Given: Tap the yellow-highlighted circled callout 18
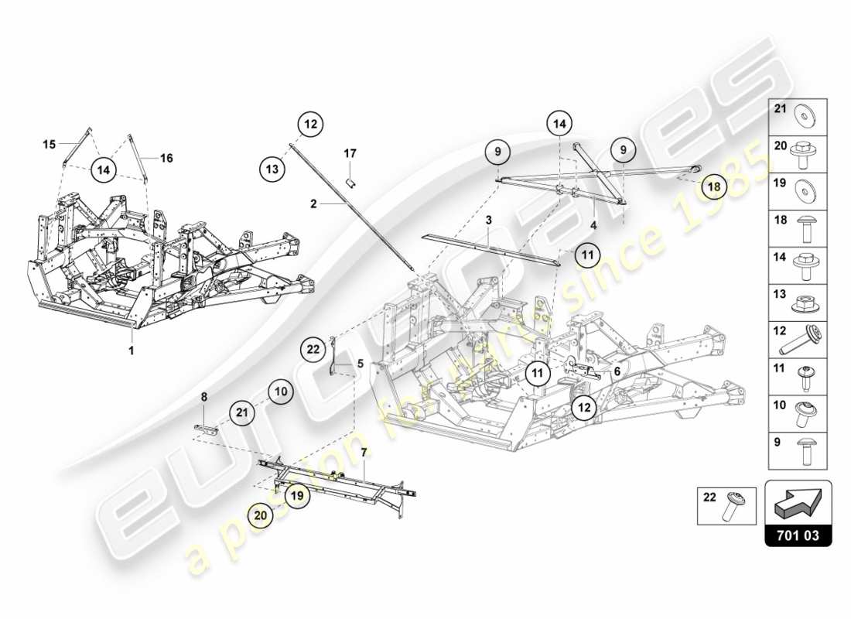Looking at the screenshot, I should [x=715, y=186].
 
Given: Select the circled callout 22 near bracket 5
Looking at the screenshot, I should [x=313, y=350].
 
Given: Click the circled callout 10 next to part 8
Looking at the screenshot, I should [x=281, y=392].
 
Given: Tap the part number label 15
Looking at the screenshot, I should [x=50, y=144].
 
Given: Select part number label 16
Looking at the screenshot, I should [x=166, y=158].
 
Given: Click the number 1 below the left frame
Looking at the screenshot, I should [x=132, y=351].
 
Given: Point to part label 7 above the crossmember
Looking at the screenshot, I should [x=363, y=450].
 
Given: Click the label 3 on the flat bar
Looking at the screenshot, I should [x=489, y=221].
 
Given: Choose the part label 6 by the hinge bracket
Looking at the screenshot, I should [x=617, y=371].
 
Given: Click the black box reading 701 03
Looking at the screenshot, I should [x=798, y=535].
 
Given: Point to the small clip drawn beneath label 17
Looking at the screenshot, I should [x=350, y=183].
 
